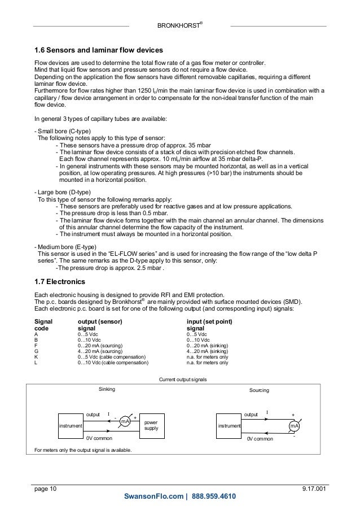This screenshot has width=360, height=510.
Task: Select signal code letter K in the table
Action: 36,358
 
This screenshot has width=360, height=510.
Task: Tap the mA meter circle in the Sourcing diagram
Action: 294,425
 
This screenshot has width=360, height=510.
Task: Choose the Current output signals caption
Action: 179,380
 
